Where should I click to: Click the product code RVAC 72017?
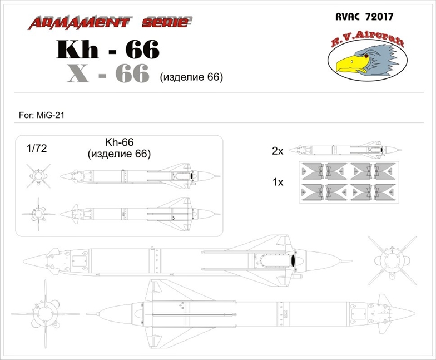[365, 17]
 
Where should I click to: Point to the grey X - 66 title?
[108, 73]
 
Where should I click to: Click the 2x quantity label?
[278, 150]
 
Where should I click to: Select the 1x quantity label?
[278, 182]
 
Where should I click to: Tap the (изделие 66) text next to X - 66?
[191, 77]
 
